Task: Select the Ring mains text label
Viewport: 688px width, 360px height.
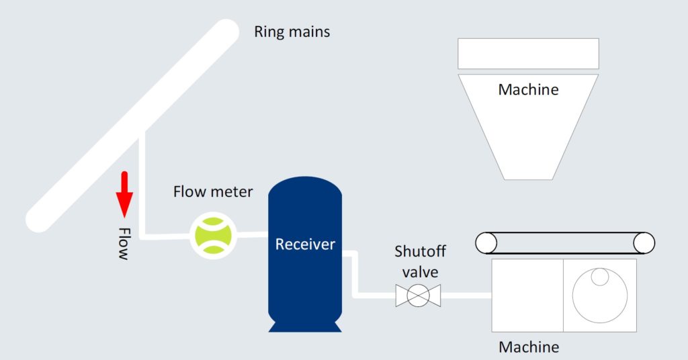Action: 292,32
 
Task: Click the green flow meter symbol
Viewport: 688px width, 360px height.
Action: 213,235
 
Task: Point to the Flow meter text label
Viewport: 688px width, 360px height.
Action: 213,192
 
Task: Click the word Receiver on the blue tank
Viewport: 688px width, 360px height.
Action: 305,244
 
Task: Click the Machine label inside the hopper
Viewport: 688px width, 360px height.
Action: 528,89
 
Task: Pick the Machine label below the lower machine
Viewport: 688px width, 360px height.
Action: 529,347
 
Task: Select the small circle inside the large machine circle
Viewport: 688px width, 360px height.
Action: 599,277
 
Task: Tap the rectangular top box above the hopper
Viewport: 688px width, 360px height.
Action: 528,53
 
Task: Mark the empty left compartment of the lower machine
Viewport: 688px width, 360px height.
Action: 527,296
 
